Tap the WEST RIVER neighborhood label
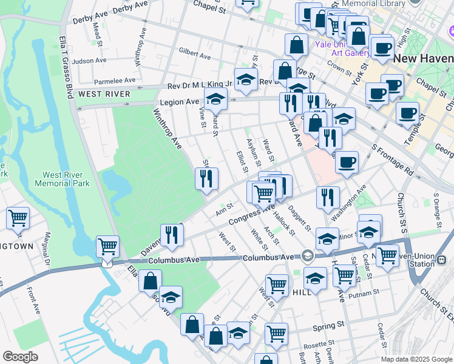tap(104, 94)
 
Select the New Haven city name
tap(424, 59)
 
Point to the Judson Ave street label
tap(89, 61)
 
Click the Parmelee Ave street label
tap(114, 80)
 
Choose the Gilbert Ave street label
tap(194, 54)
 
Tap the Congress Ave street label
tap(252, 215)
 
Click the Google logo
tap(20, 356)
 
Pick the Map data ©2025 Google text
tap(416, 359)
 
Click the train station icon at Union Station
tap(441, 260)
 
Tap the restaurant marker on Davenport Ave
tap(172, 235)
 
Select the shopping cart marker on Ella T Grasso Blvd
tap(107, 246)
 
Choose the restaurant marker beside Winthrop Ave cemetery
tap(206, 178)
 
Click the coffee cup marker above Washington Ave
tap(347, 162)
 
